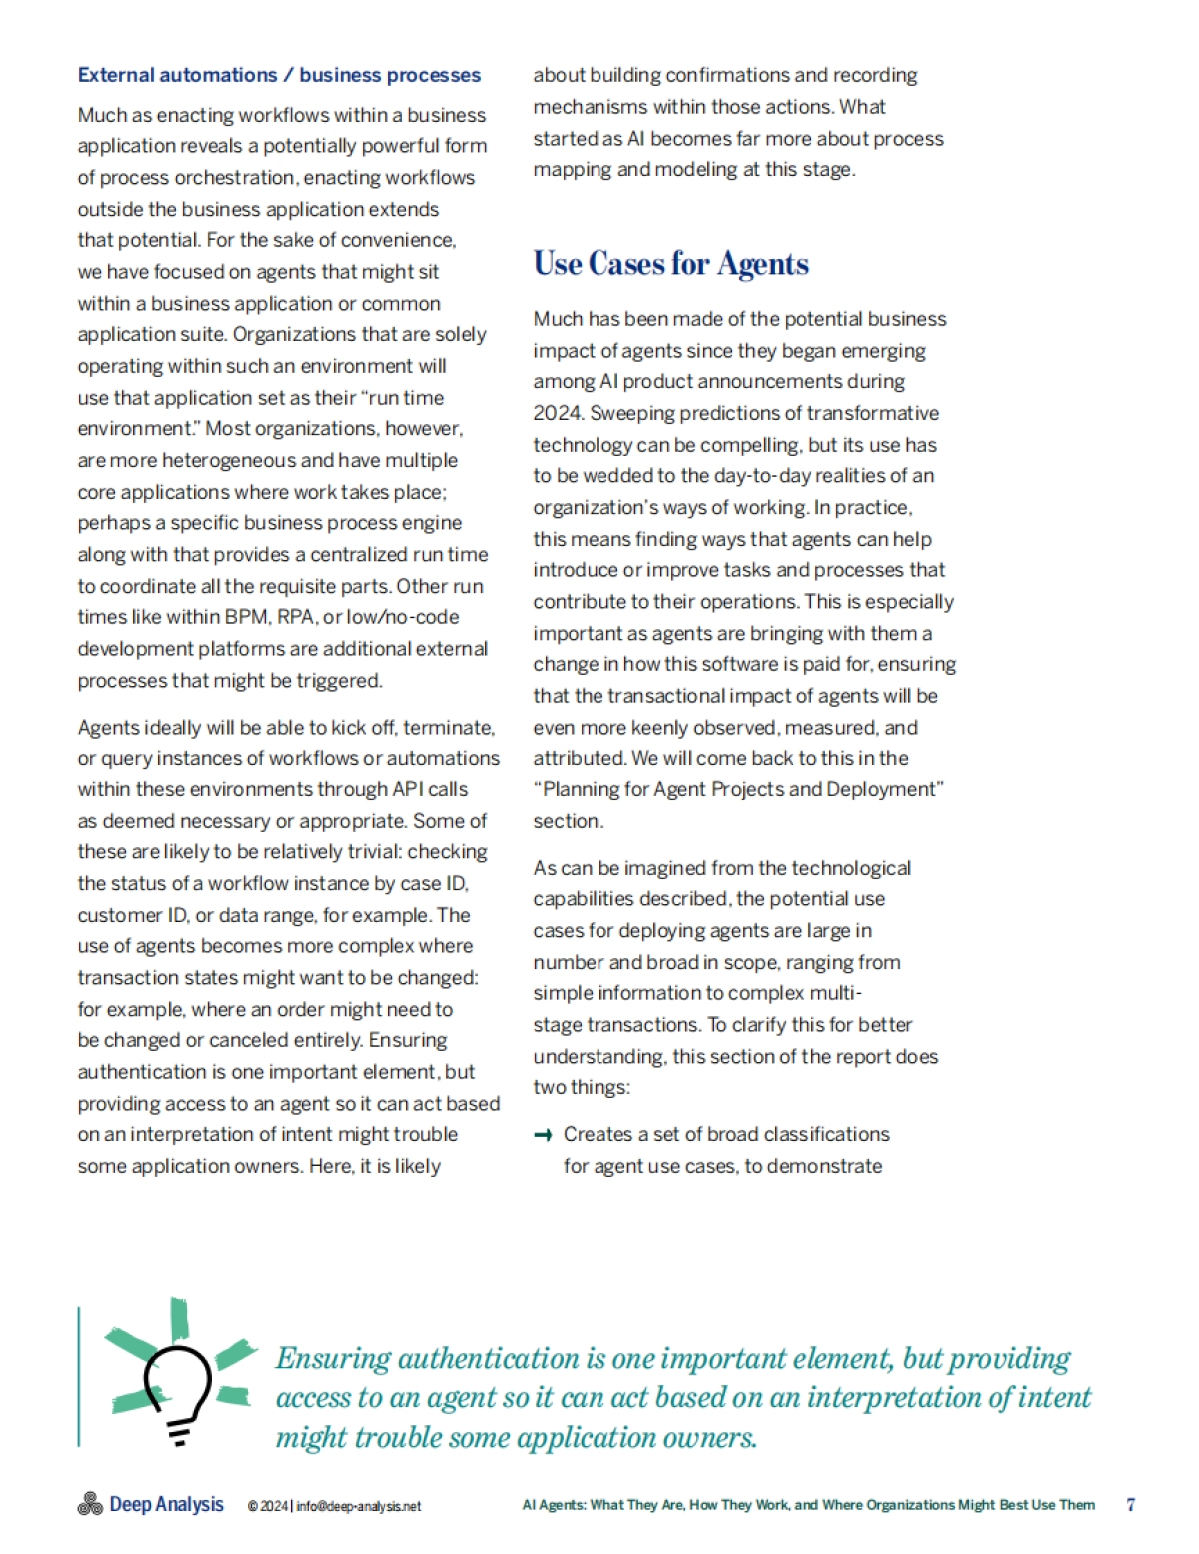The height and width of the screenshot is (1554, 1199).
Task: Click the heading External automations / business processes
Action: pyautogui.click(x=279, y=75)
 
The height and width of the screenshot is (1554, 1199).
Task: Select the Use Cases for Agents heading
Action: pyautogui.click(x=670, y=264)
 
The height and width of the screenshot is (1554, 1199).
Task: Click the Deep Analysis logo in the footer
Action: pyautogui.click(x=150, y=1504)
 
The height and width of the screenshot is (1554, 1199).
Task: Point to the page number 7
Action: pyautogui.click(x=1130, y=1504)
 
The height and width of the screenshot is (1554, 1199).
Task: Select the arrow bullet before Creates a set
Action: pyautogui.click(x=543, y=1135)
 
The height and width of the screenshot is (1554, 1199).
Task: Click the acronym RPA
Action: pyautogui.click(x=296, y=617)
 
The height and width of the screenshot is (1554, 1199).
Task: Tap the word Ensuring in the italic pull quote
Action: pyautogui.click(x=333, y=1359)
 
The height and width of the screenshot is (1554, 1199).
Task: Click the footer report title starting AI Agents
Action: pyautogui.click(x=808, y=1505)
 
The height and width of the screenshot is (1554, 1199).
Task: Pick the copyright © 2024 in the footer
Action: pyautogui.click(x=268, y=1506)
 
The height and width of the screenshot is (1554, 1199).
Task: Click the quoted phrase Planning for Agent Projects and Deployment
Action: pyautogui.click(x=738, y=789)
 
